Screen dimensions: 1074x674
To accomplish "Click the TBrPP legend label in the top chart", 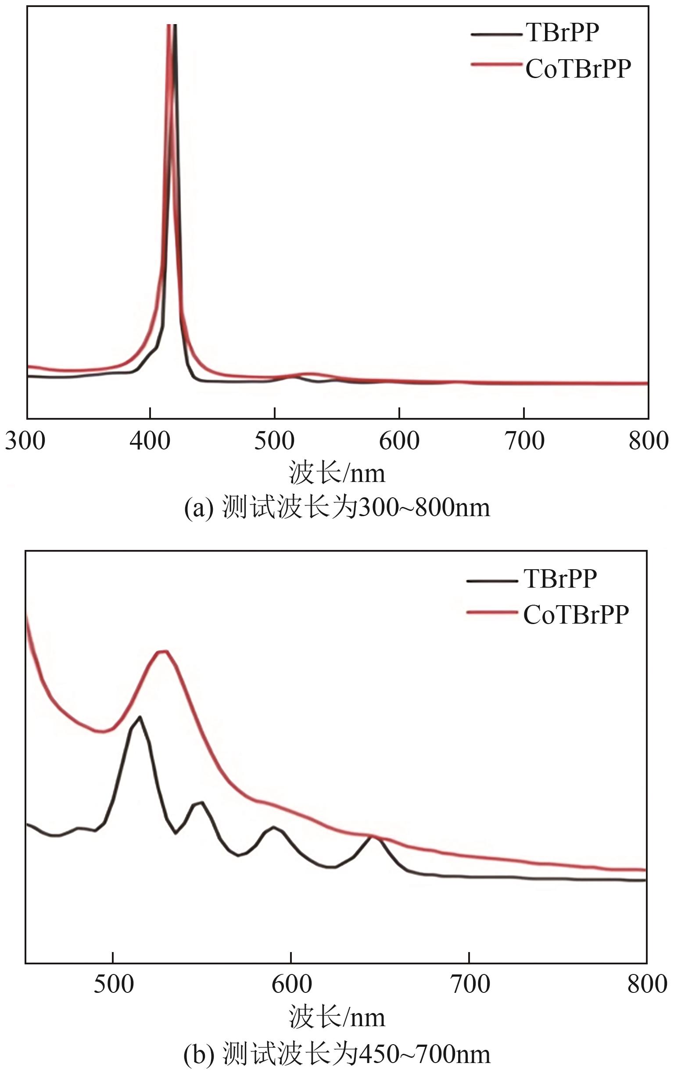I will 563,32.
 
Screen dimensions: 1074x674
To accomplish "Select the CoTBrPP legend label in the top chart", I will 578,69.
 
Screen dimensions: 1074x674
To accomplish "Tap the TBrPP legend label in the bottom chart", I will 560,578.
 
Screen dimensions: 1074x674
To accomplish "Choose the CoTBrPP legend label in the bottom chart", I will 576,615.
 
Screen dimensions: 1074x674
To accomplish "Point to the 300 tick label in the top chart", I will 25,441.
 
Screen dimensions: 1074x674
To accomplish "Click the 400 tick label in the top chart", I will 150,441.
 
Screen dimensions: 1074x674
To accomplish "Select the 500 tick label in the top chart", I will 275,441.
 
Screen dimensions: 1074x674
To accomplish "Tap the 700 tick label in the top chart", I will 524,441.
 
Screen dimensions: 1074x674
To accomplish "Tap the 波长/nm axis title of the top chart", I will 337,473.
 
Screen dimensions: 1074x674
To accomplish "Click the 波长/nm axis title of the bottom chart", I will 337,1018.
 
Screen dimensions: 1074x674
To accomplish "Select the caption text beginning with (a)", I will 337,507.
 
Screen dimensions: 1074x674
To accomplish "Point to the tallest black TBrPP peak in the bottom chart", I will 140,717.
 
